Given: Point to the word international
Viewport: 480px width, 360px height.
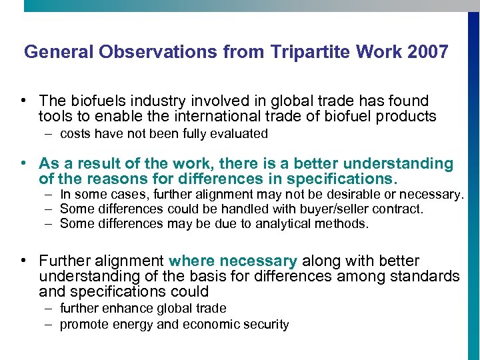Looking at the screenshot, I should pos(211,117).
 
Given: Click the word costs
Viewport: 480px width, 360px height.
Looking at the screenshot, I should pos(75,133).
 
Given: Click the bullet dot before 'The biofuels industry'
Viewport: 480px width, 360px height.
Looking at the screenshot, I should pos(23,101).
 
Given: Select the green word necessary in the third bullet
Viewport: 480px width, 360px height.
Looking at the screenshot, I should pos(258,260).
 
